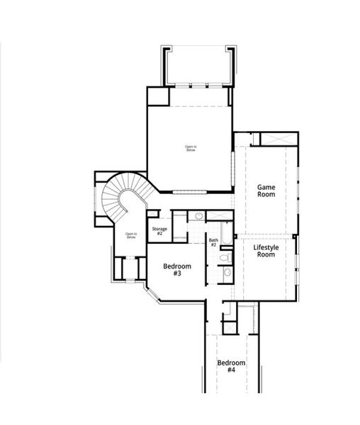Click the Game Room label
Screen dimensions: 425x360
[266, 190]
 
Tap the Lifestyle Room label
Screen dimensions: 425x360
[265, 250]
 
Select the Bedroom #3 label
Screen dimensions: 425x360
[177, 270]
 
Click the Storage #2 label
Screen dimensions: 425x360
[159, 231]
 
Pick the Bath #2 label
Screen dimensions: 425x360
[213, 242]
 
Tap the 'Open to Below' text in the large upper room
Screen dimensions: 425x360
[190, 148]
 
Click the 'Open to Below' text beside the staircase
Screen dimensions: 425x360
[131, 235]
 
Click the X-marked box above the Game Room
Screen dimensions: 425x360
[275, 138]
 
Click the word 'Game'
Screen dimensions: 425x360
[266, 186]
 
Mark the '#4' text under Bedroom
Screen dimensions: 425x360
[231, 370]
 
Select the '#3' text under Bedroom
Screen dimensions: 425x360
[177, 273]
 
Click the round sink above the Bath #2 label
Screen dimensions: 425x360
[199, 215]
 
